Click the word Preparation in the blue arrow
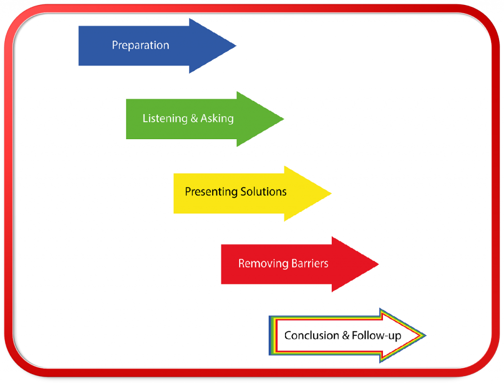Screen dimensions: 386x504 (x=140, y=45)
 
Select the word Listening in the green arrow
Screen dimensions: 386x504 (x=165, y=119)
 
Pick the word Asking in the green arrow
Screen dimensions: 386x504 (x=217, y=119)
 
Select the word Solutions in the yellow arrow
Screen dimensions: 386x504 (x=263, y=192)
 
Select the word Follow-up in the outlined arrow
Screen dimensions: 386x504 (x=377, y=336)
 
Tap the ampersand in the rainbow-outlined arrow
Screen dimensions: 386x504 (x=346, y=336)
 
